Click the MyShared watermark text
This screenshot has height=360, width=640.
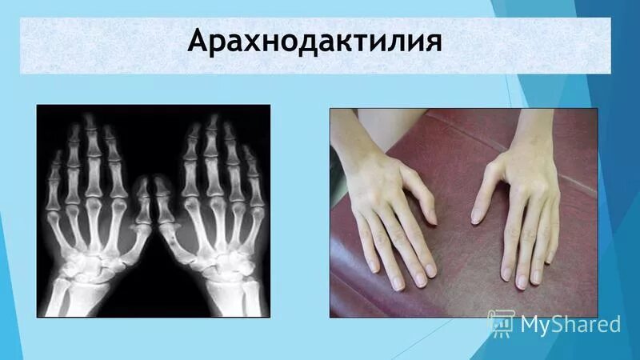tap(570, 324)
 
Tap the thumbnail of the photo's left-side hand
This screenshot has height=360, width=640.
tap(430, 217)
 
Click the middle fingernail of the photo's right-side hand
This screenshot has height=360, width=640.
tap(522, 282)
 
